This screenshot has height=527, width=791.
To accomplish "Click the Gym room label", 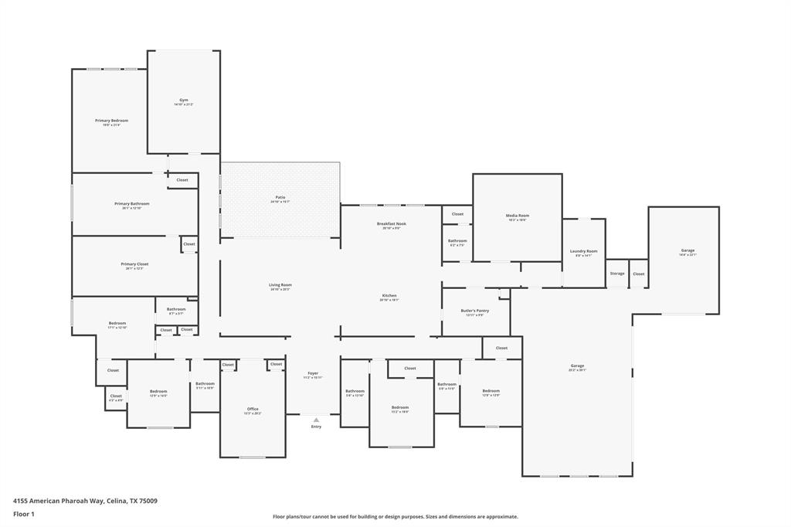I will coord(184,100).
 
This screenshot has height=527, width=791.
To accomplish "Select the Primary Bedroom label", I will coord(112,121).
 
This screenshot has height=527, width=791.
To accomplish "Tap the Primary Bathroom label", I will coord(132,204).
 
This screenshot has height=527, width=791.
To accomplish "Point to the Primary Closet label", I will coord(134,264).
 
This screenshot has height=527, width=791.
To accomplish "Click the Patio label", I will coord(280,197).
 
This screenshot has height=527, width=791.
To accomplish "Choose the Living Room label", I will coord(280,285).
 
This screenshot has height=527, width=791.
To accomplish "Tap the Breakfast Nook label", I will coord(391,223).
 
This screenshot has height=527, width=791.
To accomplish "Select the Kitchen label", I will coord(389,295).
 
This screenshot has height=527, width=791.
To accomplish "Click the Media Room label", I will coord(517,216).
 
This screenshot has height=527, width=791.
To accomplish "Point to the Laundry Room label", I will coord(583,251).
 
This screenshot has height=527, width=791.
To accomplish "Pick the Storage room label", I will coord(616,274).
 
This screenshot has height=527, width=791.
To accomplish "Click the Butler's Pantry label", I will coord(475,311).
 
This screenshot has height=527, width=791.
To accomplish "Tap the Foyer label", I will coord(313,373).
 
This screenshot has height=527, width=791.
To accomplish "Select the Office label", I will coord(253,409).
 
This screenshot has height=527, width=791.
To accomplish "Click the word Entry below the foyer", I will coord(316,427).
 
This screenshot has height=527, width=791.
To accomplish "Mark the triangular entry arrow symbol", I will coord(316,420).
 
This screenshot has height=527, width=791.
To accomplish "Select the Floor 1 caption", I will coord(24,513).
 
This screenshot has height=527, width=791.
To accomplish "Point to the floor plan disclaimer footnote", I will coord(395,516).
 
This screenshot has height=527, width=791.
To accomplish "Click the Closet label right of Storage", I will coord(639,274).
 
